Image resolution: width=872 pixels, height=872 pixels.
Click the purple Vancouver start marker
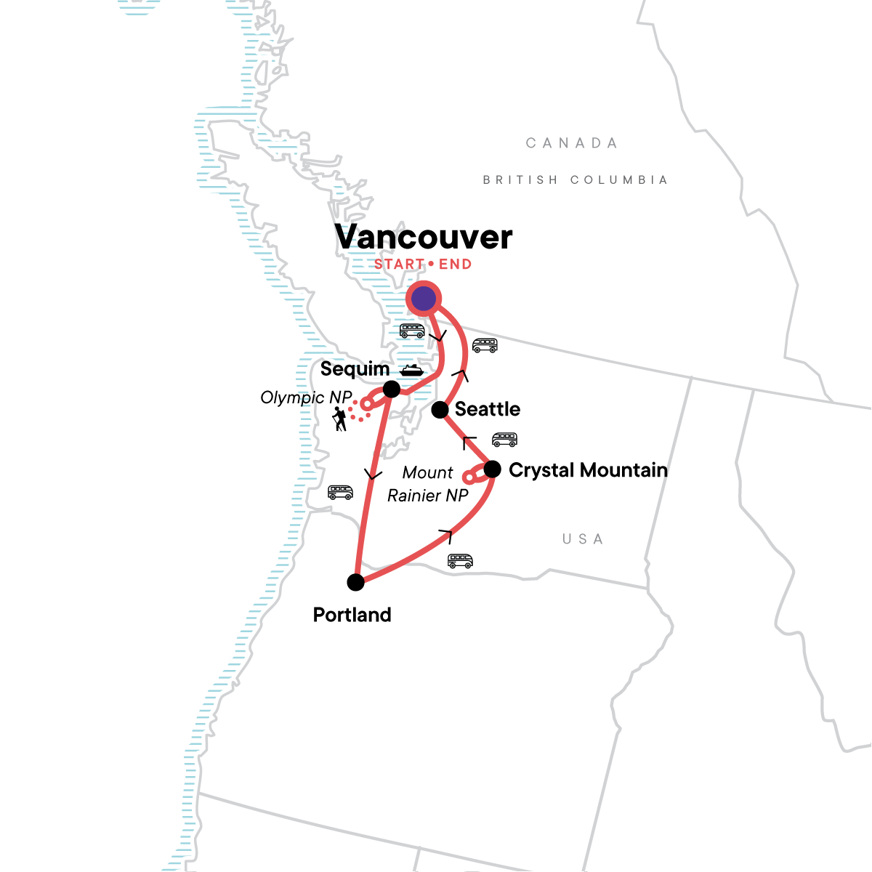(424, 299)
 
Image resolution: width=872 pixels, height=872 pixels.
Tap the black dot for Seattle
(440, 410)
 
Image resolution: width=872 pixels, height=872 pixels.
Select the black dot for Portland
(355, 582)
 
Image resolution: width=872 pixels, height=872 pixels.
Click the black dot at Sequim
(392, 389)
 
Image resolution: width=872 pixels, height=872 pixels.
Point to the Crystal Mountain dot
(492, 469)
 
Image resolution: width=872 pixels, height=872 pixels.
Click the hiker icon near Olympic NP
(339, 419)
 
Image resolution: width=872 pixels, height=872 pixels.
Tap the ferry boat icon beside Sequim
(412, 370)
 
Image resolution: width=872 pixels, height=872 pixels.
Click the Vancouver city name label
(424, 237)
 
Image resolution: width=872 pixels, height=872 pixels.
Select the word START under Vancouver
(399, 265)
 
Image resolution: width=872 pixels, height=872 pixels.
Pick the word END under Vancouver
(456, 265)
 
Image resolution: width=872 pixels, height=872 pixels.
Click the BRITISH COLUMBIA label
(575, 179)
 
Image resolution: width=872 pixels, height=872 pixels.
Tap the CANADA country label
(572, 143)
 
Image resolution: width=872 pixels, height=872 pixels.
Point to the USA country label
(583, 539)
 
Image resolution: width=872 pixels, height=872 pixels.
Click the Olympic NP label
(306, 397)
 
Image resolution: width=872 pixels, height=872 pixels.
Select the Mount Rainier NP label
(428, 484)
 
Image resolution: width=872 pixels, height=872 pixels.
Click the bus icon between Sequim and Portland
(340, 492)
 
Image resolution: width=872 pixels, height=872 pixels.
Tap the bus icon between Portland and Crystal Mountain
(460, 561)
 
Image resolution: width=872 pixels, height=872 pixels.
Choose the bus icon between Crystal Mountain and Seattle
(504, 439)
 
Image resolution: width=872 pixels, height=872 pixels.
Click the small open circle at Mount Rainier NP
(469, 478)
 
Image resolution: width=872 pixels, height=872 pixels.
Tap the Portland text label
(352, 615)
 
